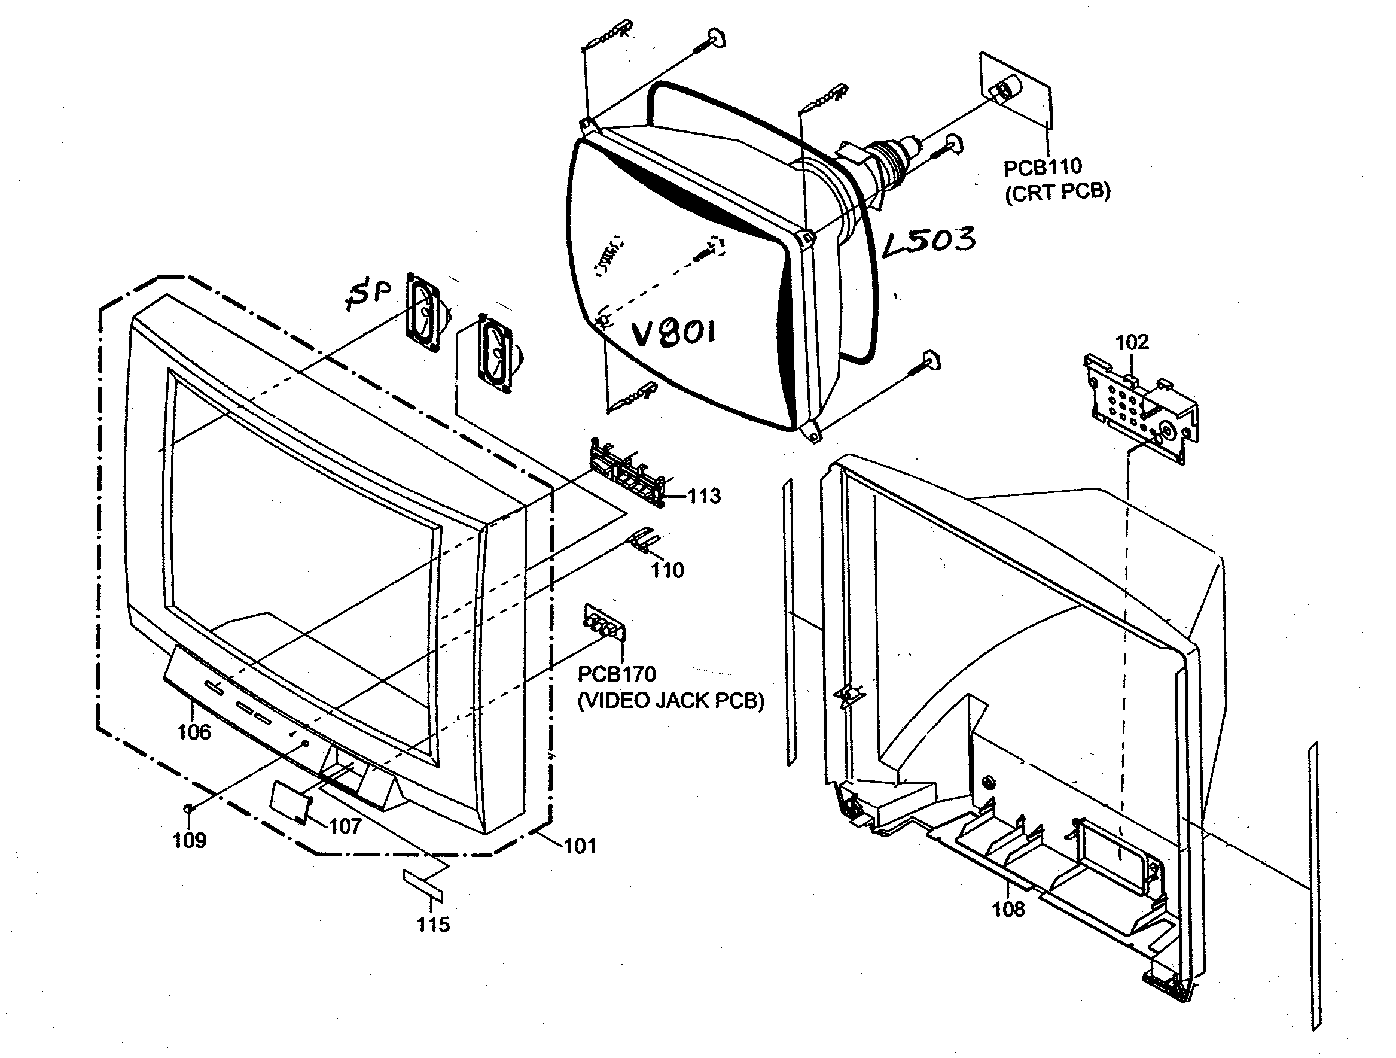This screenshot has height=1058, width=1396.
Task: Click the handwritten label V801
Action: pos(674,333)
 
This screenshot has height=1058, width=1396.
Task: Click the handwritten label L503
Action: pos(929,241)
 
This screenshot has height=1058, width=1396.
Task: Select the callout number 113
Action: pos(703,496)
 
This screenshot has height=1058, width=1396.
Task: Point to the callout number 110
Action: pos(667,571)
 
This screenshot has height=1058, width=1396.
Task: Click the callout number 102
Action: pos(1132,342)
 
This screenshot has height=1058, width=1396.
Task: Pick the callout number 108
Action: pos(1008,909)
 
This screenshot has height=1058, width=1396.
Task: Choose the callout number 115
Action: pos(433,924)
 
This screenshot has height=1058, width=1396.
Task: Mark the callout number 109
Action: pos(190,840)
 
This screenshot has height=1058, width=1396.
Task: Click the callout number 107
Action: pos(345,826)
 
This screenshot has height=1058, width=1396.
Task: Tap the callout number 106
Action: pos(194,732)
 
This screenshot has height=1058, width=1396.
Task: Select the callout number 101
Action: pos(580,846)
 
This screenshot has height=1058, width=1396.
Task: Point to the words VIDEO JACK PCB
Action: pos(671,701)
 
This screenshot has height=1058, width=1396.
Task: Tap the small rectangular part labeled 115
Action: pos(423,886)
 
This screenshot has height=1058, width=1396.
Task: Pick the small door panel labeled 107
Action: pos(289,801)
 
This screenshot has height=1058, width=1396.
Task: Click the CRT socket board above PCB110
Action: pos(1015,92)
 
